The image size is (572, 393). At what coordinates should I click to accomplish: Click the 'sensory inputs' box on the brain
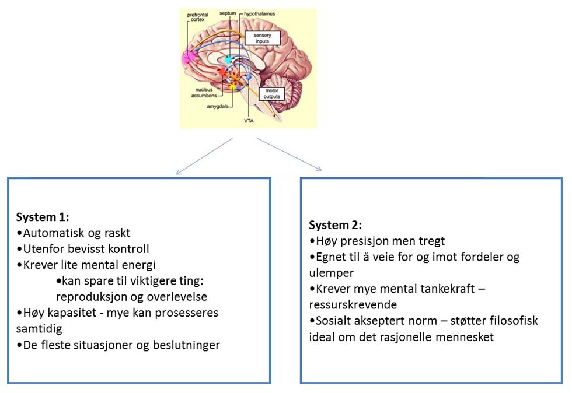click(262, 38)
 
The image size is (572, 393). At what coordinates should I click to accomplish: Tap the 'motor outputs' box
click(271, 94)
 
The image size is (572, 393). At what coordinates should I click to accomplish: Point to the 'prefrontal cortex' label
click(197, 17)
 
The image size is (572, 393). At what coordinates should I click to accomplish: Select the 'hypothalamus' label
click(259, 14)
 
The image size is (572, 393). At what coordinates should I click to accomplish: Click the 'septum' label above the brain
click(228, 13)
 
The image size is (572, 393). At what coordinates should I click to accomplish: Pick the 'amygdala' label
click(217, 107)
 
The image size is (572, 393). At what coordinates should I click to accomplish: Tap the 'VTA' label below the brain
click(249, 121)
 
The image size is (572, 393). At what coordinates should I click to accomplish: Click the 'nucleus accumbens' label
click(204, 93)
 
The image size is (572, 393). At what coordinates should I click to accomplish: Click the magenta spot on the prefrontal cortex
click(188, 57)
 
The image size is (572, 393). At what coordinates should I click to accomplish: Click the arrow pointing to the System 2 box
click(290, 154)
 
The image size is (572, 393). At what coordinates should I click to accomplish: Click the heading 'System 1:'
click(42, 217)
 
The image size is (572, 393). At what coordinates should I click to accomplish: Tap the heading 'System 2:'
click(335, 225)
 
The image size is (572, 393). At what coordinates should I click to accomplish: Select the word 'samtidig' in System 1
click(39, 329)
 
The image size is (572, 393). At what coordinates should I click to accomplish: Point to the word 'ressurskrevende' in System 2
click(353, 305)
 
